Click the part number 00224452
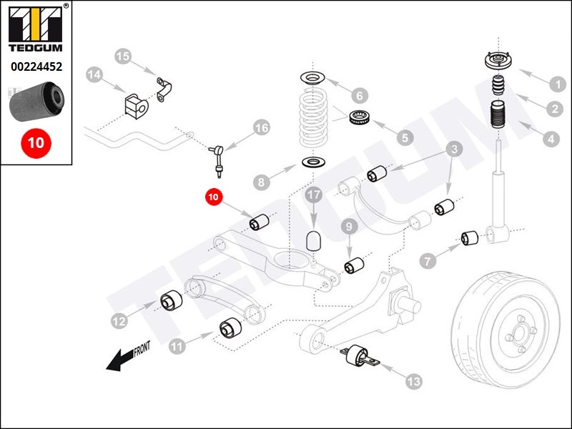point(36,67)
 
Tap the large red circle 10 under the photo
point(36,142)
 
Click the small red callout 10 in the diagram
point(213,195)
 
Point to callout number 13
point(413,383)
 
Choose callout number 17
point(313,194)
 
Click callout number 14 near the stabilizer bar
point(94,74)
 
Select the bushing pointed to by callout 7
point(469,237)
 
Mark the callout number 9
point(349,227)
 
